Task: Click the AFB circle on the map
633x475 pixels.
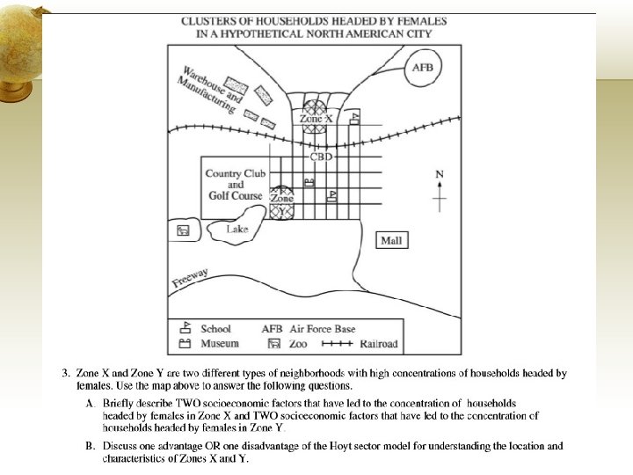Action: [429, 68]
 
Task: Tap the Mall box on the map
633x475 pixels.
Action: [392, 240]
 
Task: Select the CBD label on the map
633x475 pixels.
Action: [322, 157]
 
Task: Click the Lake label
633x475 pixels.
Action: [237, 230]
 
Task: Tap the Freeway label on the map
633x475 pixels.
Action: [191, 278]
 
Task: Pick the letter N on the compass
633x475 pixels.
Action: [440, 174]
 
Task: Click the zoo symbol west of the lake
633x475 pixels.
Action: [183, 230]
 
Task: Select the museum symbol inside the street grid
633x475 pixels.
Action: [309, 182]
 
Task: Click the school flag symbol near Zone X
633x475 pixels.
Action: [354, 118]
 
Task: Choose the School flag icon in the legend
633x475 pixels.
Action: [186, 329]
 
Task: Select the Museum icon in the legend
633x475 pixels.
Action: [186, 343]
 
